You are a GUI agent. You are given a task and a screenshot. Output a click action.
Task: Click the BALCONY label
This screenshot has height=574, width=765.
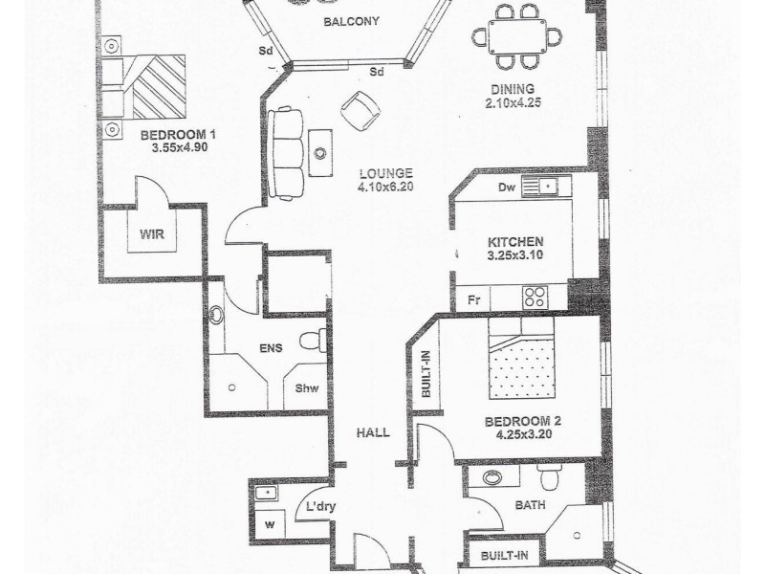(x=351, y=22)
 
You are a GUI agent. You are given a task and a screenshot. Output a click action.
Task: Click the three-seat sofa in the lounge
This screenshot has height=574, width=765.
(x=287, y=153)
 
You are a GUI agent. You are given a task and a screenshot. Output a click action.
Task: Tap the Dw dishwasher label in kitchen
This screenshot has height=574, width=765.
(x=507, y=187)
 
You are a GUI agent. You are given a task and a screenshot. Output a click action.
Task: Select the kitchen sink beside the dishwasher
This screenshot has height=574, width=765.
(x=546, y=186)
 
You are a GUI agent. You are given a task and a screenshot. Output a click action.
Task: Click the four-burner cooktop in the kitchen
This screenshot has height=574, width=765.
(x=535, y=298)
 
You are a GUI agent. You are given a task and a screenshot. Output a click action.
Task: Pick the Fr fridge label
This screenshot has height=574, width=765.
(x=473, y=299)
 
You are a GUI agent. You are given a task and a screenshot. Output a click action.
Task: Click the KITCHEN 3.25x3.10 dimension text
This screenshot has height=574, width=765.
(x=515, y=249)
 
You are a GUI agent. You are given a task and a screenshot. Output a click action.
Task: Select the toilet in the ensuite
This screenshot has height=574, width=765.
(x=310, y=340)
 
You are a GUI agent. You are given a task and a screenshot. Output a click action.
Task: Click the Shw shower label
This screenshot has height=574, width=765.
(x=307, y=387)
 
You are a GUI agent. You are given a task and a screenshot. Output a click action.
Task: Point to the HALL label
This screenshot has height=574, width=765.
(x=372, y=432)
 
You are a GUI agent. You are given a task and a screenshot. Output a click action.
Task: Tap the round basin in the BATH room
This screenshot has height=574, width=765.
(x=492, y=478)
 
